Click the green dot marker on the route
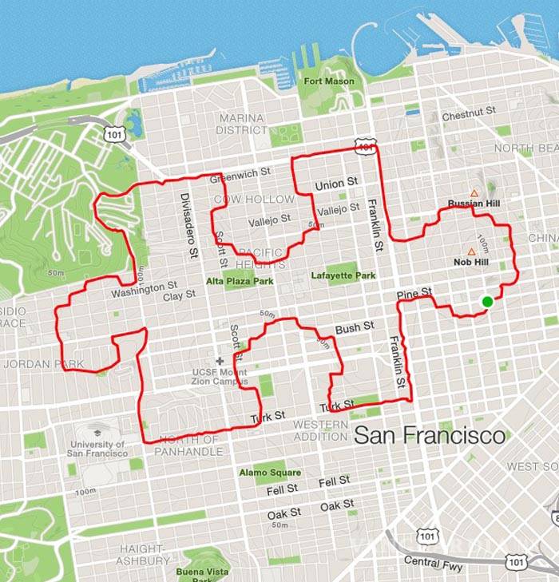[x=487, y=301]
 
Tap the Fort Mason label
[x=328, y=81]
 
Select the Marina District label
[x=242, y=124]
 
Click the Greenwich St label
[x=240, y=170]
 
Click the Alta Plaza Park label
[x=240, y=281]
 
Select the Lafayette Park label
[x=343, y=275]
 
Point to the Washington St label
[x=144, y=288]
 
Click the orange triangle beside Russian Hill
[x=474, y=193]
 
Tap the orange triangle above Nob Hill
[x=471, y=251]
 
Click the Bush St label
[x=355, y=327]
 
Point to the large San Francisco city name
[x=430, y=436]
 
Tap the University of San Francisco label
[x=98, y=449]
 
